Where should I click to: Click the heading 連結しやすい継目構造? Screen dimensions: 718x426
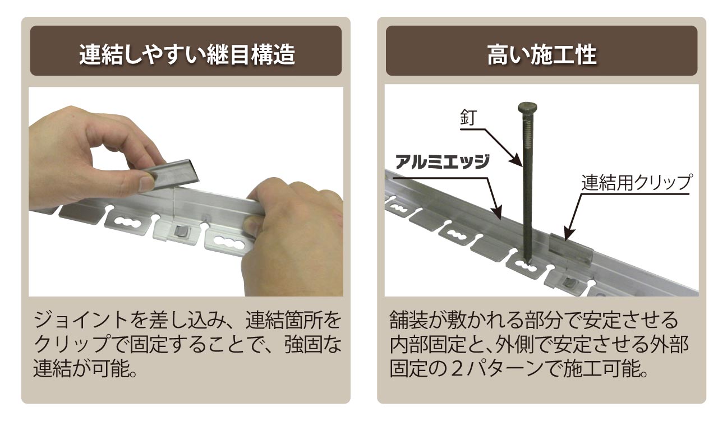coord(187,54)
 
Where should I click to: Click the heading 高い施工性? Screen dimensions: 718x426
coord(542,54)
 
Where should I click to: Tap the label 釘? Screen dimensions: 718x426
coord(468,117)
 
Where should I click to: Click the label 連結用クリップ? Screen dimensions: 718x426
coord(636,183)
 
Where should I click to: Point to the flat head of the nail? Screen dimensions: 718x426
coord(527,107)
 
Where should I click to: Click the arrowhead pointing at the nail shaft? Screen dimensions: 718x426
coord(517,161)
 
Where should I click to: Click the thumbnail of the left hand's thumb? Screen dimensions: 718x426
coord(147,183)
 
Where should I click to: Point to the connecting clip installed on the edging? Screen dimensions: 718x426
coord(571,253)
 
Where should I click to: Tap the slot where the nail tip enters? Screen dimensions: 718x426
coord(526,266)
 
